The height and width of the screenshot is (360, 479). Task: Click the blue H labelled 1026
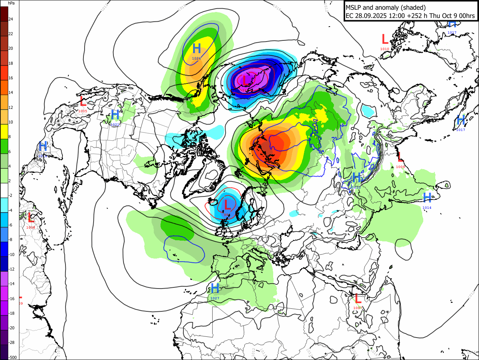[196, 48]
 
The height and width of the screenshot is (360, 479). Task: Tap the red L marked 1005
[83, 101]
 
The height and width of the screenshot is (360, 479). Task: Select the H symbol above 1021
[115, 115]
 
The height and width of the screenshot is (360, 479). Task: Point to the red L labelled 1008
[31, 217]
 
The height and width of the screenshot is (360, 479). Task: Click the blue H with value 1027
[215, 288]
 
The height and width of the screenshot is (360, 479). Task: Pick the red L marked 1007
[358, 299]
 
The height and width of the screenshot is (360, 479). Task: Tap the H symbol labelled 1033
[357, 177]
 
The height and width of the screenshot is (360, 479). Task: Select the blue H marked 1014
[427, 198]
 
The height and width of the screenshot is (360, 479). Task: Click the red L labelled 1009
[400, 157]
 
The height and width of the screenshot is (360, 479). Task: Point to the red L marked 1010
[385, 39]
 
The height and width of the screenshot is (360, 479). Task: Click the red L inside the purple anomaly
[244, 80]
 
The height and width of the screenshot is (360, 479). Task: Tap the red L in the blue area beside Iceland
[227, 205]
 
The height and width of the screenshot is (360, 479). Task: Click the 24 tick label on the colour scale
[10, 19]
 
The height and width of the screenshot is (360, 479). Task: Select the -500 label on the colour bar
[12, 357]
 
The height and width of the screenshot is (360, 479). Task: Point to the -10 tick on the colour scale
[12, 254]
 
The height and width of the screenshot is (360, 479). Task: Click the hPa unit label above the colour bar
[11, 3]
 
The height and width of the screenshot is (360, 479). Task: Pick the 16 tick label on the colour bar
[10, 78]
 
